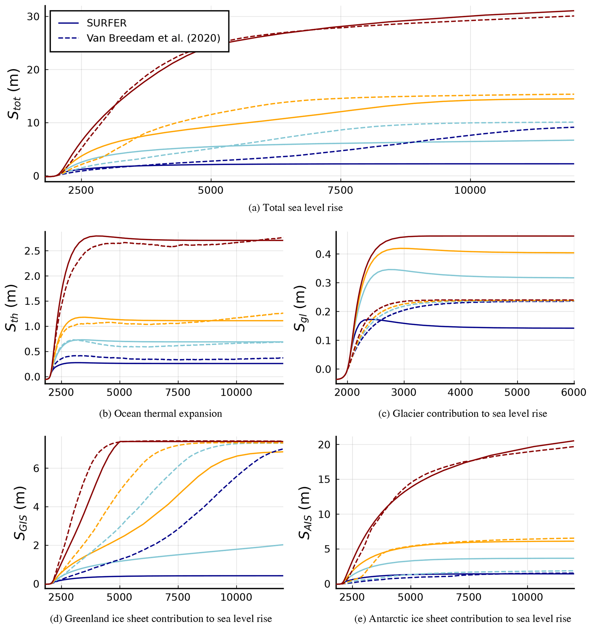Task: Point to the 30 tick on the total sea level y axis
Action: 33,17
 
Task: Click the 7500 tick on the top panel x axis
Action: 341,190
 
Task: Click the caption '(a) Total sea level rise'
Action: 296,208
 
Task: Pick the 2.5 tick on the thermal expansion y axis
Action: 33,251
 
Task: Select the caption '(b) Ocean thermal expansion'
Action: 160,413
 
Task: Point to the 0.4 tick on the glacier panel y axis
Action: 323,254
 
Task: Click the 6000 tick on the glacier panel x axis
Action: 574,392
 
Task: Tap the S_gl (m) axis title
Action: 300,308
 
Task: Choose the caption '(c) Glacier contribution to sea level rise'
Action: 463,413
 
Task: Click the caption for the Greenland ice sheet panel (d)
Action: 161,618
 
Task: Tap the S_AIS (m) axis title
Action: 305,513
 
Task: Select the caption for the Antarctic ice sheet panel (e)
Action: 463,618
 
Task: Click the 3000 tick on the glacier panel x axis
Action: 404,392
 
